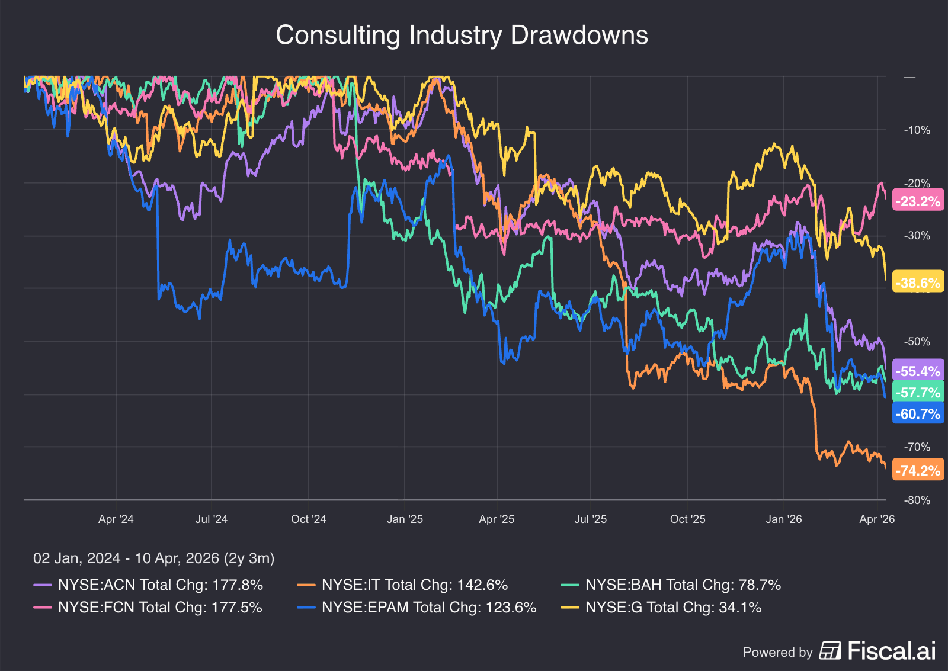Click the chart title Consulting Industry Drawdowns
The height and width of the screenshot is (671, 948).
(x=462, y=36)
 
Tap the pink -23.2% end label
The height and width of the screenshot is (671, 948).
(x=918, y=201)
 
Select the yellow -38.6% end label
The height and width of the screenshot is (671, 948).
(x=918, y=283)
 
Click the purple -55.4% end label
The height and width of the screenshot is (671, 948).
(x=918, y=371)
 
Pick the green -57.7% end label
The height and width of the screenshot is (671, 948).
(x=918, y=393)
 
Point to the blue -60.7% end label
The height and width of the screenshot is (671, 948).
(x=918, y=414)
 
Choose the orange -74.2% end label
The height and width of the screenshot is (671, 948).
(x=918, y=471)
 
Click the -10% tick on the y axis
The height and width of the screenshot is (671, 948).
(x=917, y=130)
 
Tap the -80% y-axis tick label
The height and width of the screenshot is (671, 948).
(x=917, y=500)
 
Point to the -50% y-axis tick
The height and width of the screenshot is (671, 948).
(x=917, y=342)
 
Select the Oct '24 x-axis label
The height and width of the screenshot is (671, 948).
(x=308, y=519)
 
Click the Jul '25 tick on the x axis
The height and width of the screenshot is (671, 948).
(x=590, y=519)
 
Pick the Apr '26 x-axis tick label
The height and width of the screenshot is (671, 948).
(x=877, y=519)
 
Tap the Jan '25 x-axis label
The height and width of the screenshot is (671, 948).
(x=405, y=519)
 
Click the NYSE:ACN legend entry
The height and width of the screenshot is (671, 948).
(x=148, y=585)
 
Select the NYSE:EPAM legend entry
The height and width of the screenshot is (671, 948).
(x=418, y=608)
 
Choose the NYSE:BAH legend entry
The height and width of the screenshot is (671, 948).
(x=671, y=585)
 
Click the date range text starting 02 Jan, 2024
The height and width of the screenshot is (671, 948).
(x=153, y=558)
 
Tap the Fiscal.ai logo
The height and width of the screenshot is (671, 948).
(x=877, y=651)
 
